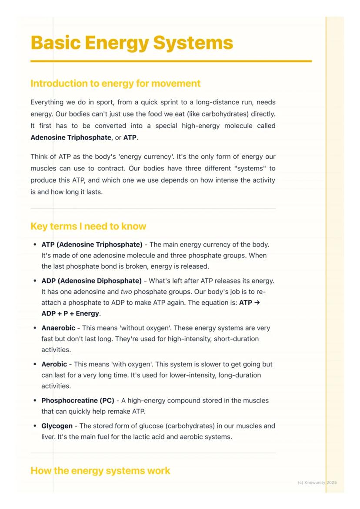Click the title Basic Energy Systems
point(132,43)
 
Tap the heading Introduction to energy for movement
point(115,83)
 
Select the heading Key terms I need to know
point(88,226)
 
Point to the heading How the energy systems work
point(100,471)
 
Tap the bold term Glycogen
point(57,426)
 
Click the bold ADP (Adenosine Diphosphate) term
point(91,281)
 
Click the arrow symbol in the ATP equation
point(257,303)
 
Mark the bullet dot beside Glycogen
point(35,426)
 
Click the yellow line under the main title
point(171,61)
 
